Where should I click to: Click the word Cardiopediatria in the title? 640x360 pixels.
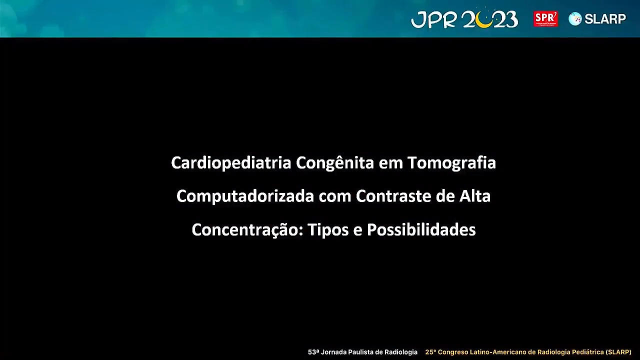tap(231, 163)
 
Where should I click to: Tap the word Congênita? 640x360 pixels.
tap(335, 162)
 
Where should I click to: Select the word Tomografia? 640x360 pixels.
tap(451, 163)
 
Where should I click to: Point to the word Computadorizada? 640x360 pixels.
tap(245, 196)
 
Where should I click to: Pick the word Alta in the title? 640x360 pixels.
tap(475, 196)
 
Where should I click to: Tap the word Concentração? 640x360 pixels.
tap(247, 230)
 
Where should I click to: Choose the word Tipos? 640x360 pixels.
tap(328, 230)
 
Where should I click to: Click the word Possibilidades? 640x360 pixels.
tap(421, 229)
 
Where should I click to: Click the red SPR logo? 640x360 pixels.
tap(545, 19)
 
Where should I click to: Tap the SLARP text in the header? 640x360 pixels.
tap(605, 19)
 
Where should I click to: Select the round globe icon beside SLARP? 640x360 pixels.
tap(575, 19)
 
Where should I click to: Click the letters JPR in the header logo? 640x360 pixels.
tap(433, 19)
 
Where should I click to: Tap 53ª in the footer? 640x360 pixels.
tap(313, 352)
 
